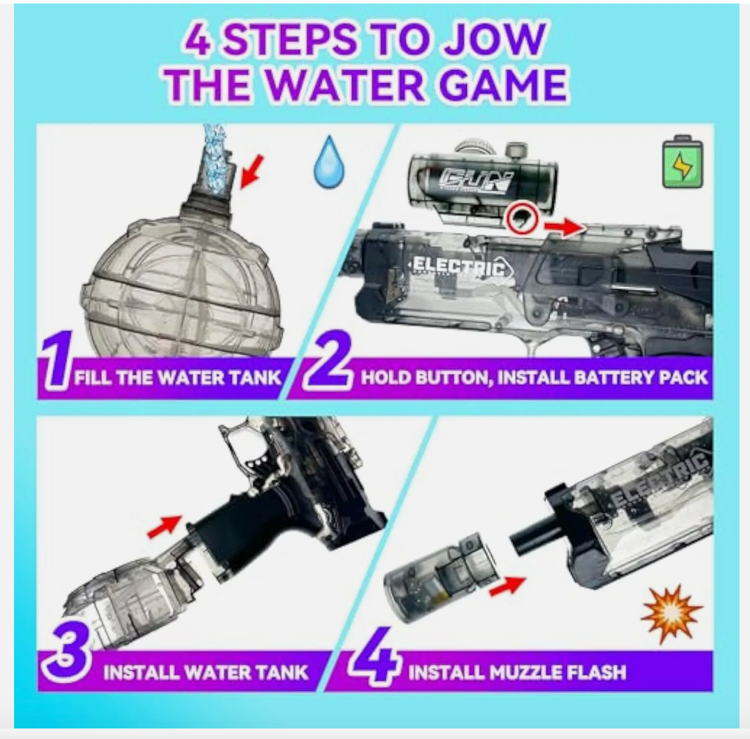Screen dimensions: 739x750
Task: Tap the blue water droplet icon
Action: (329, 162)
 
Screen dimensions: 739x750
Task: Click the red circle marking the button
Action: (522, 219)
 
